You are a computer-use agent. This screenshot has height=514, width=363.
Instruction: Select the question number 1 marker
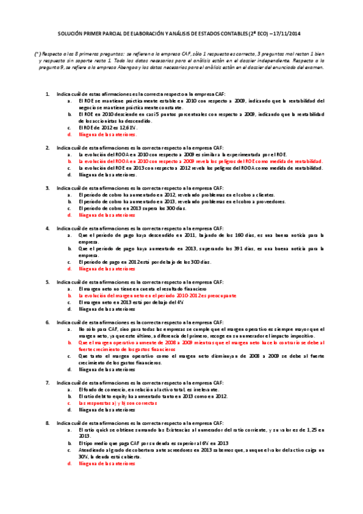click(48, 94)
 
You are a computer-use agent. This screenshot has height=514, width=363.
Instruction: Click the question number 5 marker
click(48, 282)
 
